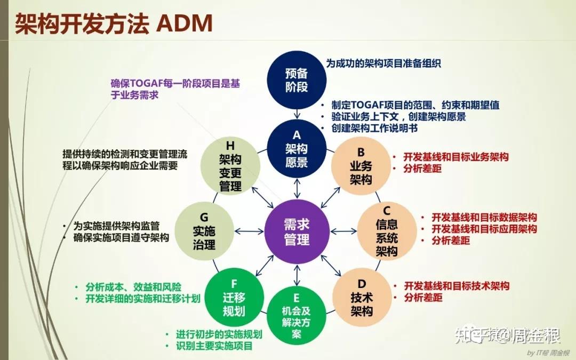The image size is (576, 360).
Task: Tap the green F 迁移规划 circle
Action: pyautogui.click(x=234, y=298)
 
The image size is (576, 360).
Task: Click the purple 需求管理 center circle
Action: pyautogui.click(x=297, y=231)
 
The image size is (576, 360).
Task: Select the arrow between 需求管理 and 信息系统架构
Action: pyautogui.click(x=346, y=231)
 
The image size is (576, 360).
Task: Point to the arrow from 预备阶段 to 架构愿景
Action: pyautogui.click(x=297, y=114)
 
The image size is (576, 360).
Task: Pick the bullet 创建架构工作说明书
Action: pyautogui.click(x=373, y=129)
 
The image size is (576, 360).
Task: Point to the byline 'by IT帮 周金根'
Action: pyautogui.click(x=548, y=353)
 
